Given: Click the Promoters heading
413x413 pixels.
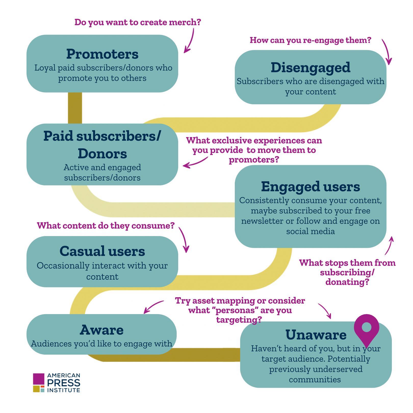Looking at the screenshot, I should tap(102, 54).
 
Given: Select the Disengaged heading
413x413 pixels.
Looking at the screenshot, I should tap(310, 68).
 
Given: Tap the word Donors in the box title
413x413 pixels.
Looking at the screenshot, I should tap(102, 154).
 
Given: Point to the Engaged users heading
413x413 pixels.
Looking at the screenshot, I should tap(310, 187).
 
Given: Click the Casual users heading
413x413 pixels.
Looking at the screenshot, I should tap(102, 251).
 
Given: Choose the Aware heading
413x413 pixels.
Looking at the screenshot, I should tap(102, 330).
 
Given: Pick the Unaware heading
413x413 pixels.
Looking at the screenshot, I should tap(316, 335).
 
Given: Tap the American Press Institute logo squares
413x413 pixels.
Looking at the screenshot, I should tap(39, 383).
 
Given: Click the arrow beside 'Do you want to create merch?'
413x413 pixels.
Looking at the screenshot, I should tap(190, 41).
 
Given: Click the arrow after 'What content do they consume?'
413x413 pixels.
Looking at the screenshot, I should tap(184, 240).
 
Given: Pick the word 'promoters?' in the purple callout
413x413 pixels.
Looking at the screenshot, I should tap(254, 160).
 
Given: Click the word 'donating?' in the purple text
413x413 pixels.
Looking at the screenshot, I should tap(347, 282).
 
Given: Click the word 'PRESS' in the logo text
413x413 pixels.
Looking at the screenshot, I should tap(64, 383).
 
